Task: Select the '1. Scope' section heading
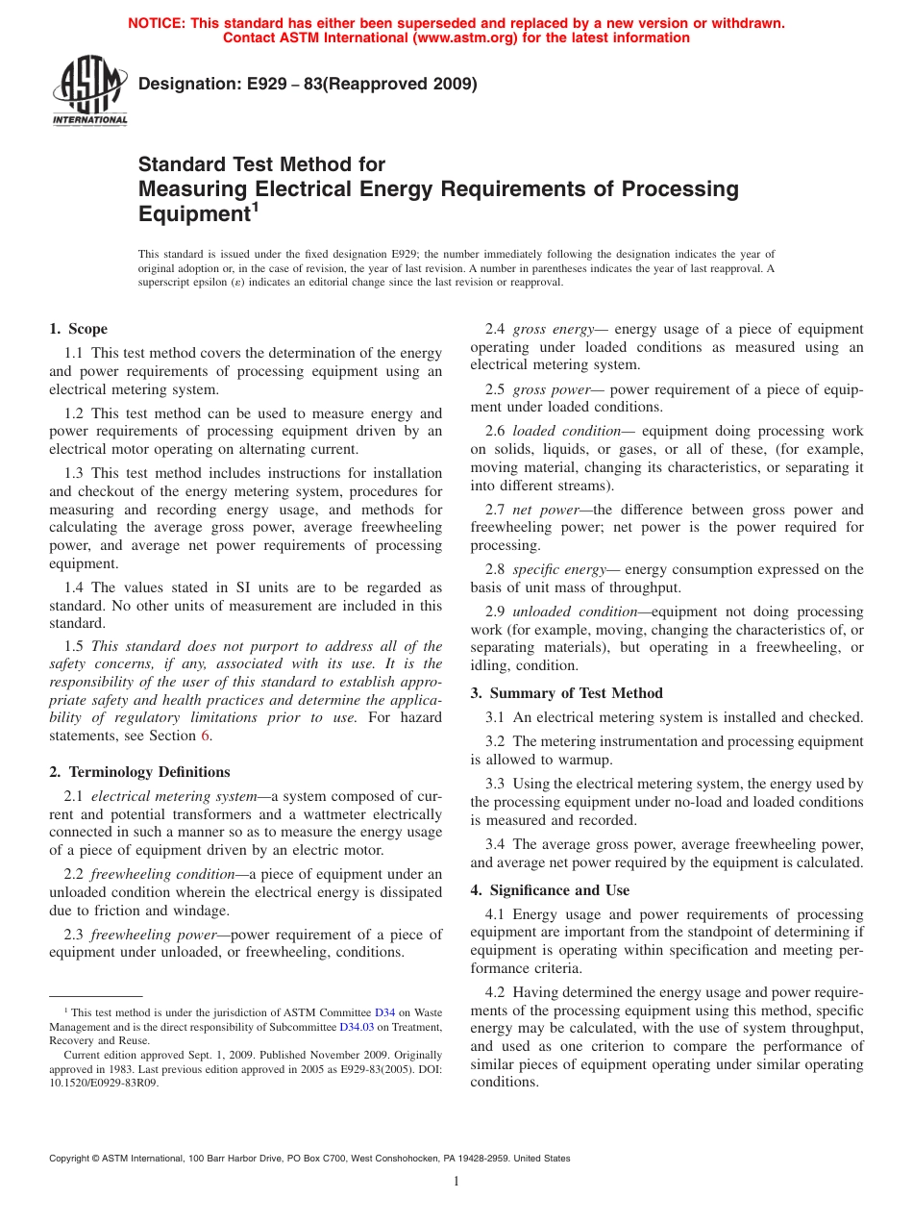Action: [78, 329]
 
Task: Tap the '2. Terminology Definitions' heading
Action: [139, 772]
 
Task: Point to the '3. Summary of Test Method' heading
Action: [566, 693]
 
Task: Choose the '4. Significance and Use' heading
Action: [550, 890]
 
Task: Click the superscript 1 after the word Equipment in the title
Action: [256, 206]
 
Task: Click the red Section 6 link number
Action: [204, 736]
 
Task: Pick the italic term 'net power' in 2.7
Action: [545, 510]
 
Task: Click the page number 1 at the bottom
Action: [456, 1182]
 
